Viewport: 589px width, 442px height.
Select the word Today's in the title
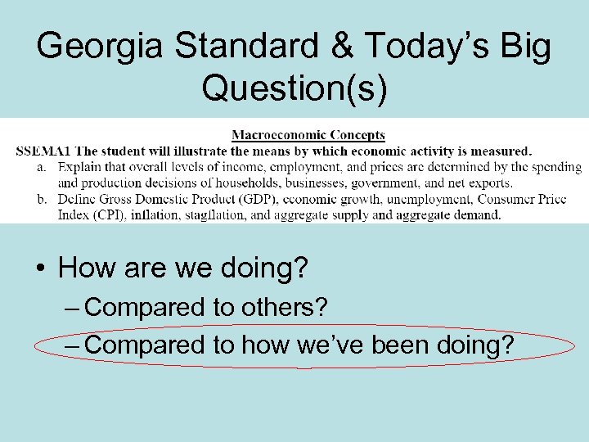(424, 47)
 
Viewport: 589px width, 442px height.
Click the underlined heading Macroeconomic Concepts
(308, 135)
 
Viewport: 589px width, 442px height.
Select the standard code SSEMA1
(43, 151)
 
